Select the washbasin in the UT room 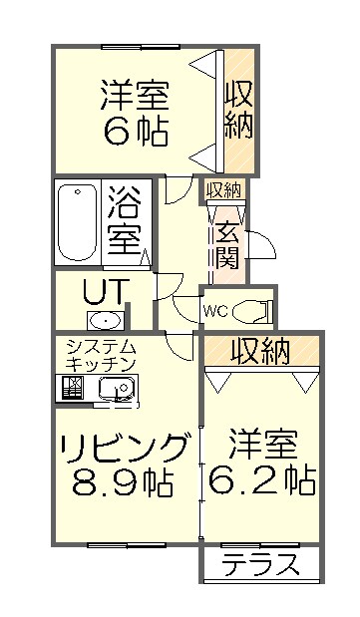[103, 320]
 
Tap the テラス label [261, 565]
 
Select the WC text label [216, 311]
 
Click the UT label [103, 292]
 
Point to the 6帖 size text [134, 131]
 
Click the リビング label [122, 445]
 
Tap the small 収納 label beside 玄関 [223, 189]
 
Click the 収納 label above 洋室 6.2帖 [261, 350]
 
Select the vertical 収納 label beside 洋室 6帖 [239, 111]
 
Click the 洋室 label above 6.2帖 [263, 443]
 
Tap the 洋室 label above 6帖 [134, 95]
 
